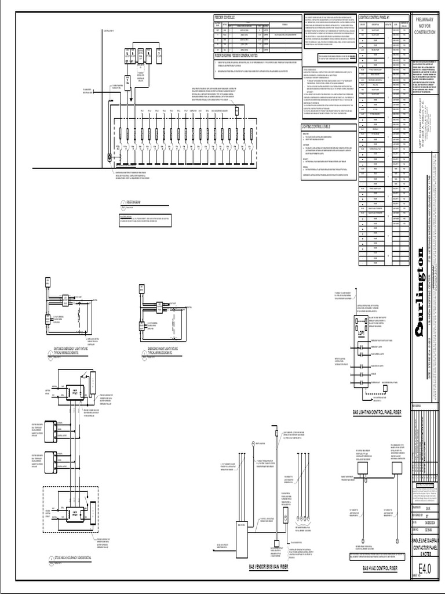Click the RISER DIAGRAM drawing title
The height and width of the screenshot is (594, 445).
tap(134, 202)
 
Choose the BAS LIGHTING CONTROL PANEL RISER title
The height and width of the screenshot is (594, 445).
tap(377, 412)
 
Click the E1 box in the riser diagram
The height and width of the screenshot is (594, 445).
tap(126, 59)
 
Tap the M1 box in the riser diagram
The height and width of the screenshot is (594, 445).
tap(135, 59)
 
